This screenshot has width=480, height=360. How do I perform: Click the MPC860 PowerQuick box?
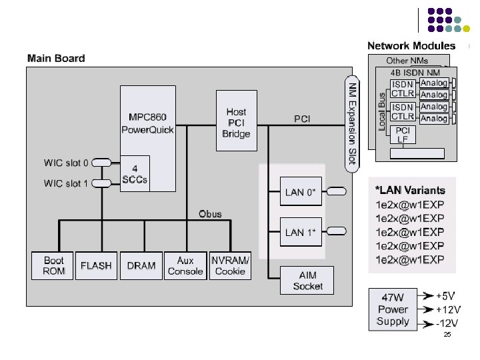point(147,120)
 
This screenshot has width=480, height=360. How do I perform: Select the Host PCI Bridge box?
point(236,123)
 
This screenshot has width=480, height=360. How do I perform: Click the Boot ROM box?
point(53,265)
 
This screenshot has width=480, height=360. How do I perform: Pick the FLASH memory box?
point(96,265)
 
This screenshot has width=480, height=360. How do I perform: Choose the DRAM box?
point(141,265)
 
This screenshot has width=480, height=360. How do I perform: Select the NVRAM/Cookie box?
point(230,265)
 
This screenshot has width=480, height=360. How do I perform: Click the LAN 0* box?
point(299,193)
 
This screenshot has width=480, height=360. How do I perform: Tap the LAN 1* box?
point(299,232)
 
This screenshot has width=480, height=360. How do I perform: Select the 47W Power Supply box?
point(393,309)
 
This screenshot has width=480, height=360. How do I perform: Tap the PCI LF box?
point(403,135)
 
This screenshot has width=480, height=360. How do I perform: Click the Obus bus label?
point(210,214)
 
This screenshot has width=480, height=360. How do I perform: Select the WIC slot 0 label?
point(66,163)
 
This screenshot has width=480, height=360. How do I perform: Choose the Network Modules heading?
point(411,46)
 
